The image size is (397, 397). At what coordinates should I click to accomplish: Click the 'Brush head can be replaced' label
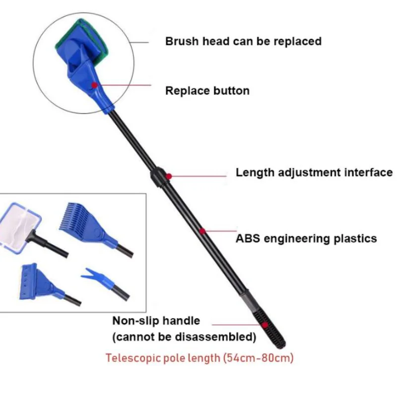(243, 41)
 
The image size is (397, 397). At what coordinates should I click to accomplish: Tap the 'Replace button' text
(207, 91)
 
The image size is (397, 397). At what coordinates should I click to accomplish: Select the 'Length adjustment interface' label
(314, 173)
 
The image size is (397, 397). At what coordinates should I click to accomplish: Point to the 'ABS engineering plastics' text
(306, 239)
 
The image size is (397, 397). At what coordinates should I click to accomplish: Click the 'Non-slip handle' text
(156, 321)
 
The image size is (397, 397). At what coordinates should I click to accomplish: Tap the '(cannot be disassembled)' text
(184, 337)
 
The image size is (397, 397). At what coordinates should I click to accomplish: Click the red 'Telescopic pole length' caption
(199, 358)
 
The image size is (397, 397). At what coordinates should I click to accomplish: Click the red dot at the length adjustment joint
(169, 176)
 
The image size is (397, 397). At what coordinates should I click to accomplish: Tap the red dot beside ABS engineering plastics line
(202, 230)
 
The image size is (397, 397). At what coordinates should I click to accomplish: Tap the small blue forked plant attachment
(97, 275)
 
